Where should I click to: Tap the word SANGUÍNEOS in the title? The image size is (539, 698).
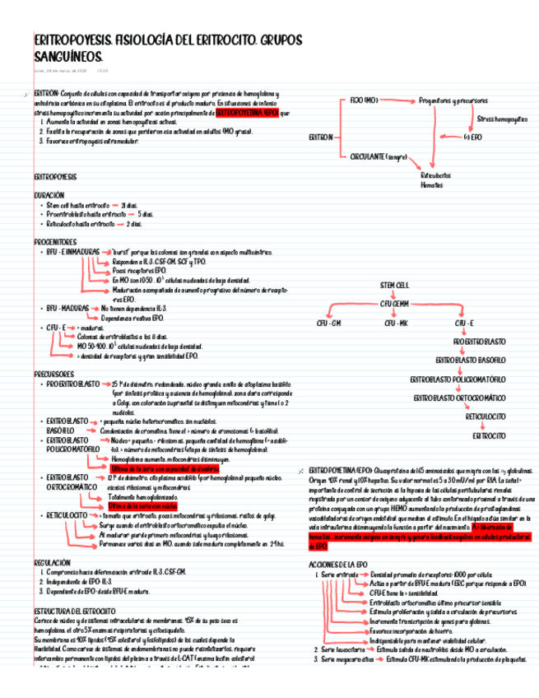coord(68,57)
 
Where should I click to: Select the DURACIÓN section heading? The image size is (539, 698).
coord(49,194)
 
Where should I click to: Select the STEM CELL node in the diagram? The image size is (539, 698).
coord(394,284)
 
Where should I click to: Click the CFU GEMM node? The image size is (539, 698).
coord(394,304)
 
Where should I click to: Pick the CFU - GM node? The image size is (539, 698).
coord(328,323)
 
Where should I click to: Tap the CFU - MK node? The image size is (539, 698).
coord(396,323)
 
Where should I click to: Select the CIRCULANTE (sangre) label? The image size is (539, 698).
coord(379,156)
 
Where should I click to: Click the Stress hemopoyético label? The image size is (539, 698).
coord(503,119)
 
